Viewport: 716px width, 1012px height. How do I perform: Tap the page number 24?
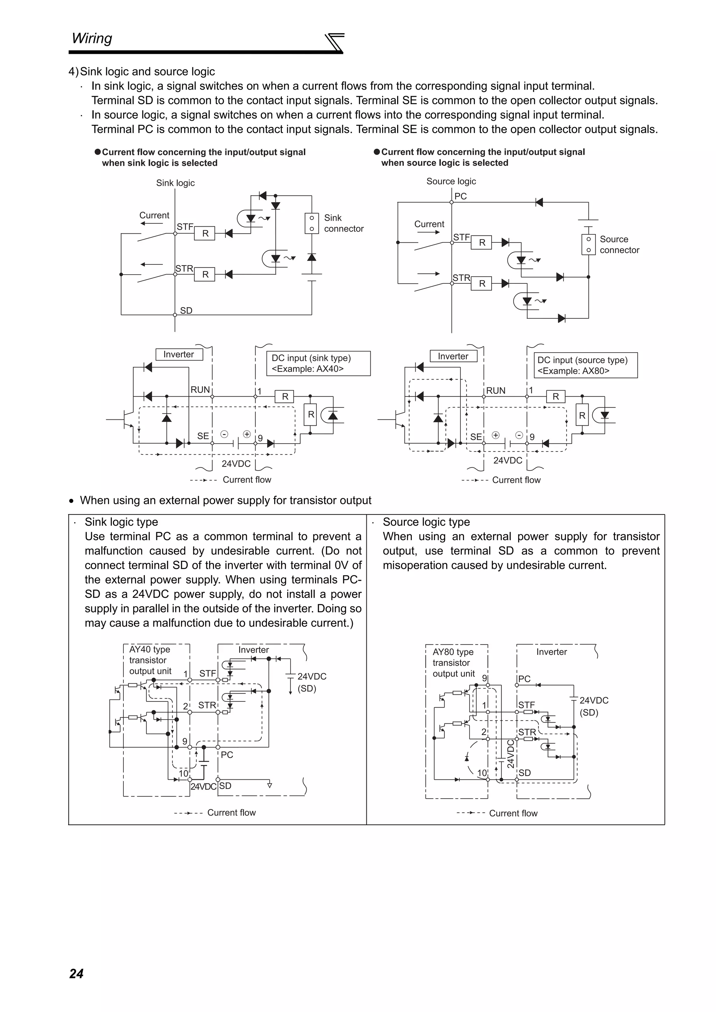(x=76, y=973)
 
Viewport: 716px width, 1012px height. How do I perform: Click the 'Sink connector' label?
(x=343, y=223)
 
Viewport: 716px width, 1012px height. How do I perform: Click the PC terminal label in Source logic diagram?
(x=460, y=196)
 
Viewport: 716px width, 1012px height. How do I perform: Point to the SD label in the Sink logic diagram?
(x=186, y=311)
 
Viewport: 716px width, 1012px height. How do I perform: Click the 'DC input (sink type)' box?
(x=318, y=363)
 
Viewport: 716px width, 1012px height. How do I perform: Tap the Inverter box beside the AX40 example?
(x=179, y=354)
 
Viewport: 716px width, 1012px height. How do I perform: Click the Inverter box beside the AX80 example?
(x=453, y=356)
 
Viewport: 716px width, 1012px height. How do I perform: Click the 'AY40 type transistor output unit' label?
(x=150, y=660)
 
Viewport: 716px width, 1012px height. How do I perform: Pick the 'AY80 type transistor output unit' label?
(x=453, y=663)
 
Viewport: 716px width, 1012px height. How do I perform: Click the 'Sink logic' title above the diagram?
(x=175, y=183)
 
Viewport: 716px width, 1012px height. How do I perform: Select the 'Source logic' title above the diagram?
(x=451, y=181)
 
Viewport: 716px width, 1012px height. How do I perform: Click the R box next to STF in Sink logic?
(x=205, y=233)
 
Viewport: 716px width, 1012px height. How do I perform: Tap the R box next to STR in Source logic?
(x=481, y=283)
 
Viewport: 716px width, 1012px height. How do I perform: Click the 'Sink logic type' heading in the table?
(x=121, y=522)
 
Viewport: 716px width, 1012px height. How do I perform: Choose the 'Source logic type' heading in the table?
(x=426, y=522)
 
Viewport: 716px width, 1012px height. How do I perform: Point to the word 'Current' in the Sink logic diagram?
(x=154, y=215)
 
